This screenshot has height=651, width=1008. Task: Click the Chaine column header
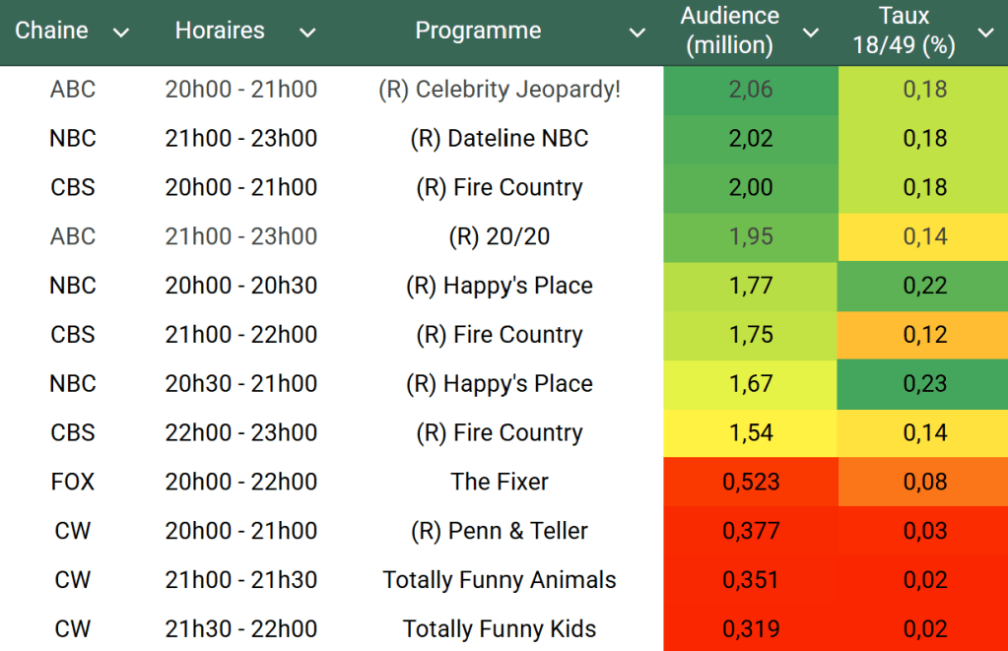pyautogui.click(x=51, y=31)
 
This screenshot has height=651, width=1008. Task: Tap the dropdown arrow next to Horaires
pyautogui.click(x=307, y=33)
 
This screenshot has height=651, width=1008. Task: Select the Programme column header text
pyautogui.click(x=478, y=31)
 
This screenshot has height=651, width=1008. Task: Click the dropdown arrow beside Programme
pyautogui.click(x=638, y=33)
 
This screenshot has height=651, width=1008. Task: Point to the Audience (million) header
pyautogui.click(x=729, y=31)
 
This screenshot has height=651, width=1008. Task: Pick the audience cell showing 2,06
pyautogui.click(x=751, y=90)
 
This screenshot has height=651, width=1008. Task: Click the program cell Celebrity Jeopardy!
pyautogui.click(x=500, y=90)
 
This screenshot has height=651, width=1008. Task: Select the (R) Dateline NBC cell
pyautogui.click(x=500, y=139)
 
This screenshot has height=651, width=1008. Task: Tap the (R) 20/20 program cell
pyautogui.click(x=500, y=236)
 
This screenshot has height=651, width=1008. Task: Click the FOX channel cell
pyautogui.click(x=73, y=482)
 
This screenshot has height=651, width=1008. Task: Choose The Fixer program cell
pyautogui.click(x=500, y=482)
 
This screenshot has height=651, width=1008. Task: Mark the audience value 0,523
pyautogui.click(x=751, y=482)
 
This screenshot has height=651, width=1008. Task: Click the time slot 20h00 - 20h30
pyautogui.click(x=241, y=286)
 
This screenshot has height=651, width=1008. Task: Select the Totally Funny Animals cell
pyautogui.click(x=500, y=580)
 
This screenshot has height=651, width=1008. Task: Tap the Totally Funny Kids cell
pyautogui.click(x=500, y=629)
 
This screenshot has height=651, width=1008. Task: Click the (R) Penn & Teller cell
pyautogui.click(x=500, y=531)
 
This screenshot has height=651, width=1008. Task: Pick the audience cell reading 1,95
pyautogui.click(x=751, y=236)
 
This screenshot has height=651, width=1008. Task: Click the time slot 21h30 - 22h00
pyautogui.click(x=241, y=629)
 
